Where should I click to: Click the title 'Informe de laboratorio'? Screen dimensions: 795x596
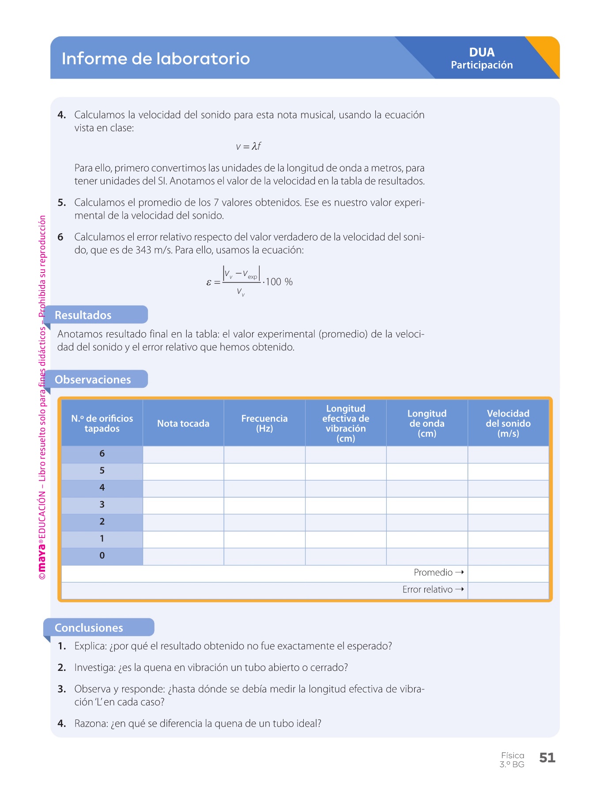point(155,59)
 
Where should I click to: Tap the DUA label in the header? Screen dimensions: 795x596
point(482,53)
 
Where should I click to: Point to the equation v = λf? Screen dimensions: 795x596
point(249,146)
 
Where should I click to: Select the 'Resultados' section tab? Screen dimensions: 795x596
point(83,315)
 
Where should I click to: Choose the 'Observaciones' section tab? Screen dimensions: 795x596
point(93,379)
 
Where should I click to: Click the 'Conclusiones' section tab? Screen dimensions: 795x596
point(89,628)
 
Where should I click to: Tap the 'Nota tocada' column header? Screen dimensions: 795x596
point(183,424)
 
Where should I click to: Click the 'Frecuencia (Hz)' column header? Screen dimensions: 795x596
point(264,424)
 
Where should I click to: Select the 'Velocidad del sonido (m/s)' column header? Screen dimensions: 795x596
point(508,424)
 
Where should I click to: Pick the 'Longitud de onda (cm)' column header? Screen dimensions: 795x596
point(427,424)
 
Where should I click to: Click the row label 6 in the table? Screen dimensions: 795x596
point(102,454)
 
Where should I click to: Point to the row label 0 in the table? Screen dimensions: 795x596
point(102,556)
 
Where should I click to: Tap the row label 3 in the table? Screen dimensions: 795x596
point(102,504)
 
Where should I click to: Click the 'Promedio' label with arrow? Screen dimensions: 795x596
point(438,572)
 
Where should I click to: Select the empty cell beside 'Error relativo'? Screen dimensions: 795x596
point(508,590)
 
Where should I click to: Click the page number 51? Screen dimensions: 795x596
point(547,758)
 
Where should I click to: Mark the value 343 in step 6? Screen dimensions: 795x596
point(143,250)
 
